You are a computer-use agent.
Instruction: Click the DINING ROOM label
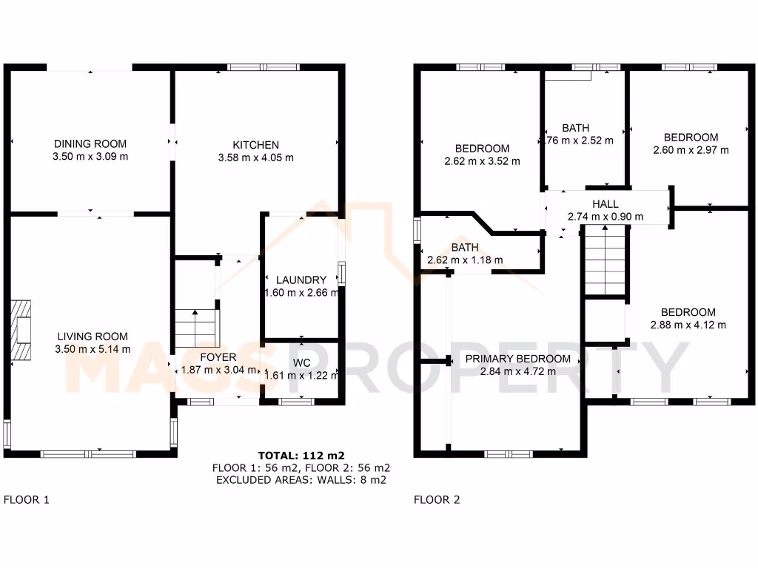click(x=90, y=143)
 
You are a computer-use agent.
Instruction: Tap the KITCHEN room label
click(x=256, y=144)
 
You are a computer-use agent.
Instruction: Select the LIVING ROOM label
click(x=93, y=336)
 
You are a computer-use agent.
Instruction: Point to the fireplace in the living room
click(x=21, y=328)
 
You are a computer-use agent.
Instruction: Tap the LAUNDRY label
click(x=301, y=280)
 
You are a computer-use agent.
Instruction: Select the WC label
click(x=301, y=362)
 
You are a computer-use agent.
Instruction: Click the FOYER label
click(x=218, y=357)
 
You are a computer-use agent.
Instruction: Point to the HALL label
click(x=605, y=204)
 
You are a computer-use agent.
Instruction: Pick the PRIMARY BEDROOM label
click(x=517, y=359)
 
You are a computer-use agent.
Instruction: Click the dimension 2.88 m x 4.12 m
click(x=688, y=325)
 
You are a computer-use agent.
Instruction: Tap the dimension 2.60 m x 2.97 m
click(x=691, y=150)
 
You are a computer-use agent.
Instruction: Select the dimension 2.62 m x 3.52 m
click(x=482, y=160)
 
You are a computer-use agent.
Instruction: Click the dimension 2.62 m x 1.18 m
click(x=465, y=260)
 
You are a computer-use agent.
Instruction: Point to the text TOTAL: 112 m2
click(x=301, y=455)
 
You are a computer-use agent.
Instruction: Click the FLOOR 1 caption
click(x=27, y=499)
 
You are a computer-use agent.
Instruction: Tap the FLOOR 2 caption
click(x=437, y=499)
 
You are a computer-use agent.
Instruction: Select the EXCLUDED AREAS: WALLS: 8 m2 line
click(x=301, y=480)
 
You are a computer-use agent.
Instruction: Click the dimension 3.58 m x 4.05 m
click(x=256, y=158)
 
